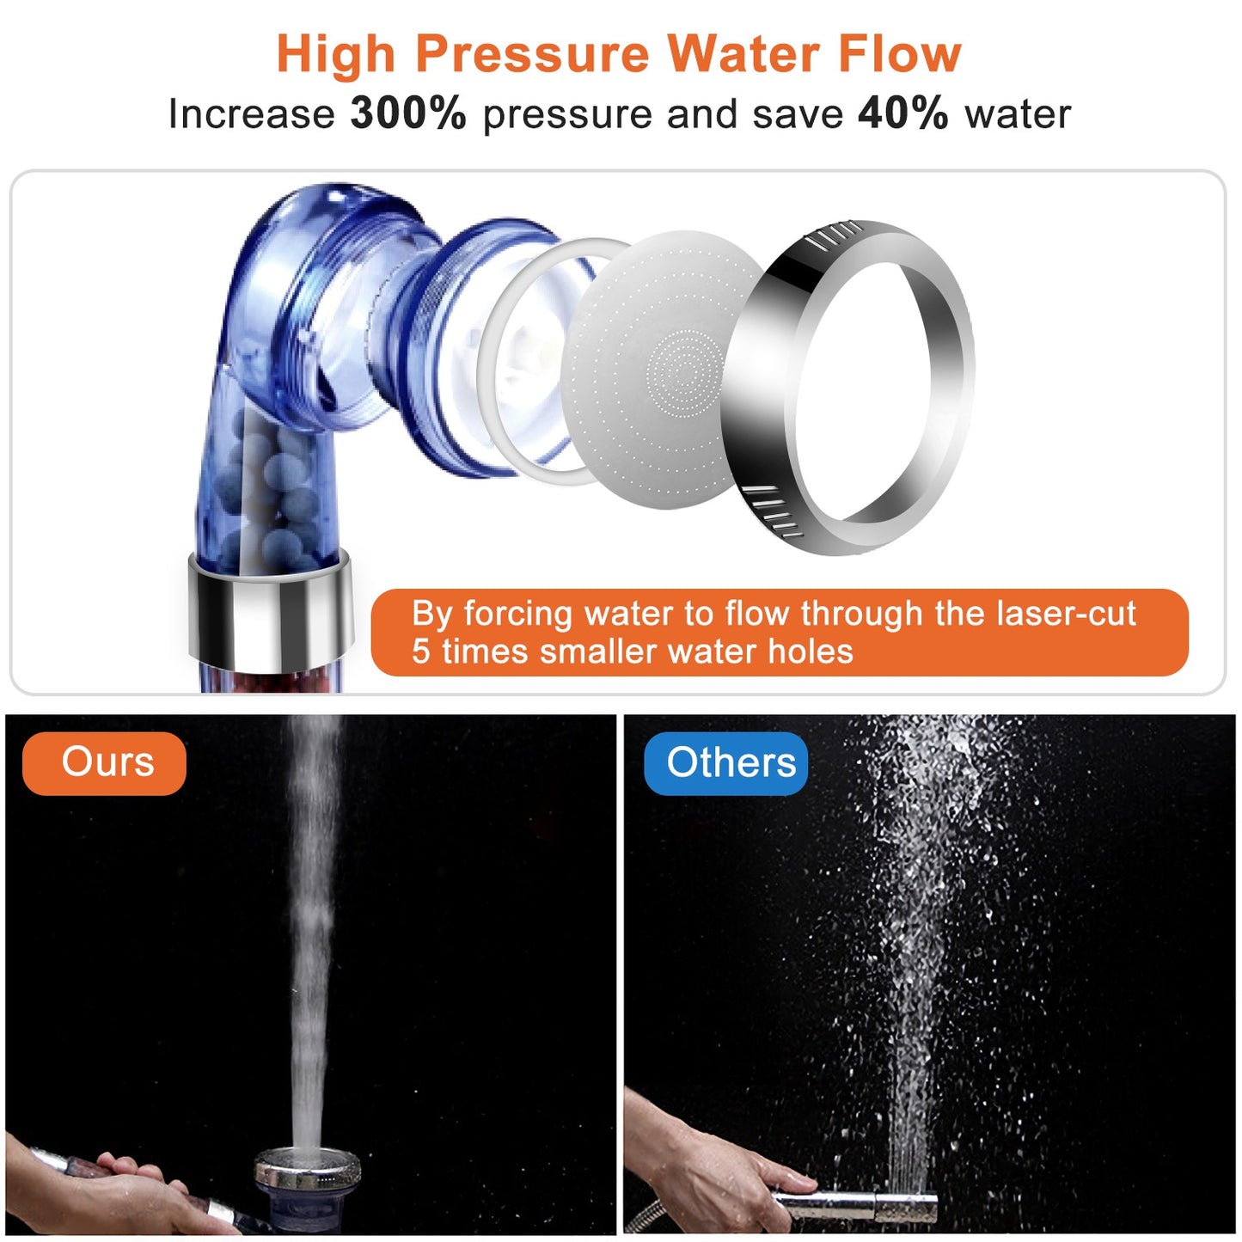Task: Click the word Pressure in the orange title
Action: [x=532, y=54]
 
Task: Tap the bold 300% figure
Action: [x=408, y=113]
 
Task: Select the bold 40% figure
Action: [x=902, y=113]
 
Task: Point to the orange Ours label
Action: [x=105, y=762]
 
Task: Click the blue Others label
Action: [x=727, y=762]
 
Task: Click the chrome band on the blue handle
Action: [x=270, y=610]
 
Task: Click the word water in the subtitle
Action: [x=1018, y=114]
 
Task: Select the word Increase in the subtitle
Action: [x=251, y=114]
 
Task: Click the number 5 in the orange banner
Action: [x=420, y=652]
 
